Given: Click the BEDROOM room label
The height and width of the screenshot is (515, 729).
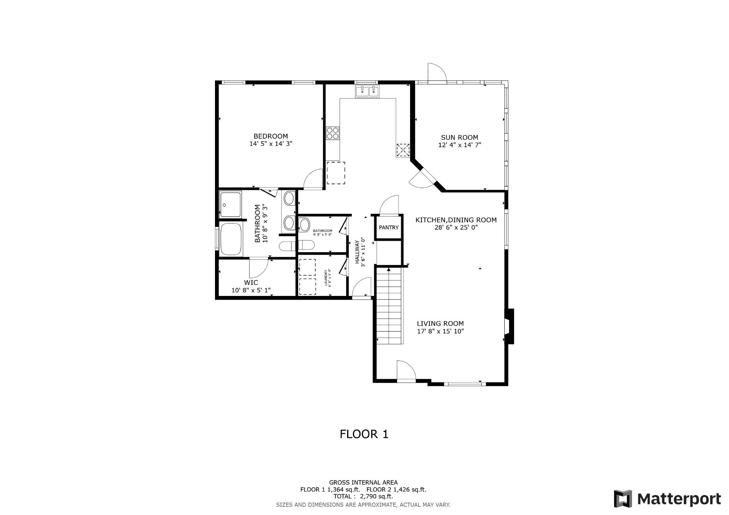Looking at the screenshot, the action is pyautogui.click(x=271, y=136).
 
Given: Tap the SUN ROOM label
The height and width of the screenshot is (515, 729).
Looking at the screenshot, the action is pyautogui.click(x=460, y=138).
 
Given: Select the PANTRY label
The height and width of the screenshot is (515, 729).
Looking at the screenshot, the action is pyautogui.click(x=389, y=228).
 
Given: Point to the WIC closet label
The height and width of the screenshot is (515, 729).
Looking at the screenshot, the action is pyautogui.click(x=251, y=283).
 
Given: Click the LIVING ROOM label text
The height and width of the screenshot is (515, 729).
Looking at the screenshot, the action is pyautogui.click(x=440, y=324).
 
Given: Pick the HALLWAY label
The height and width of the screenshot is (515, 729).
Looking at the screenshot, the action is pyautogui.click(x=357, y=252).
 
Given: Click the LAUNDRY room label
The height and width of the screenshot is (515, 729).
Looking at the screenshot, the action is pyautogui.click(x=326, y=278).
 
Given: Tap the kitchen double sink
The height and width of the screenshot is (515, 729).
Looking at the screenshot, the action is pyautogui.click(x=367, y=91).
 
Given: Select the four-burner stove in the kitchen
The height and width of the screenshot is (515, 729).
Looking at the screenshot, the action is pyautogui.click(x=333, y=133).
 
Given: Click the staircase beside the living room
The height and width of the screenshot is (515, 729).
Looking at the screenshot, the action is pyautogui.click(x=389, y=306).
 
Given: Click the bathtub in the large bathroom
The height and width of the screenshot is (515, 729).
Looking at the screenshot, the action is pyautogui.click(x=231, y=239).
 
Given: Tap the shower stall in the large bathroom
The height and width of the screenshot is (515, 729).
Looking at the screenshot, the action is pyautogui.click(x=230, y=204).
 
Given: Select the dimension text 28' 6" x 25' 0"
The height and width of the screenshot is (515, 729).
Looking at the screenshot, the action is pyautogui.click(x=456, y=227).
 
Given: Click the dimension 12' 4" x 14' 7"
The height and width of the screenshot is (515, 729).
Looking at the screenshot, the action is pyautogui.click(x=460, y=145).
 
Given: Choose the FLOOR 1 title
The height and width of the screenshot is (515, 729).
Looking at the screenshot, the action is pyautogui.click(x=364, y=434).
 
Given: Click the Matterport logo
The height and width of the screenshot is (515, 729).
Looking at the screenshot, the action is pyautogui.click(x=667, y=499).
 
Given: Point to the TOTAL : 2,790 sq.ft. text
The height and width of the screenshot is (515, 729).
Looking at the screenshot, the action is pyautogui.click(x=363, y=497).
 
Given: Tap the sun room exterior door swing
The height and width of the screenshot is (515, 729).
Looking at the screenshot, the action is pyautogui.click(x=437, y=73).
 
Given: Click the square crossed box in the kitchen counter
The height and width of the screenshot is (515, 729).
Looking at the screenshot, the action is pyautogui.click(x=403, y=150).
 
